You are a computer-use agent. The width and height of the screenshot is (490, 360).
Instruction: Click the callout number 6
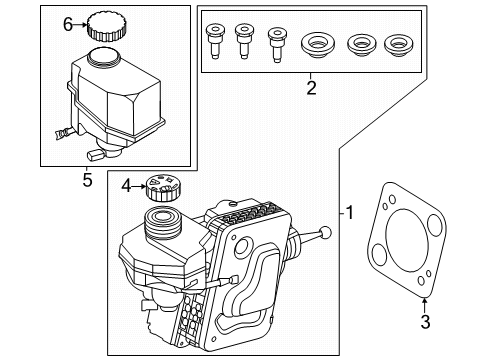tap(67, 24)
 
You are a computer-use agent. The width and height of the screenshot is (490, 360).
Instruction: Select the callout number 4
tap(126, 184)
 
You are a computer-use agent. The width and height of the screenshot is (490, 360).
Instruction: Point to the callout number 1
tap(350, 213)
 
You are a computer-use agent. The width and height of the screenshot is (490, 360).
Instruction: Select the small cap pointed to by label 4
tap(160, 185)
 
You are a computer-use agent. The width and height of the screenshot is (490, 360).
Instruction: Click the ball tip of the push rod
tap(325, 234)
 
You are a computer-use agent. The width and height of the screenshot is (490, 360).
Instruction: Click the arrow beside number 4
tap(139, 184)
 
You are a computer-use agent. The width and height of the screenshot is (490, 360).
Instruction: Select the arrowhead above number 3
tap(424, 300)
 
